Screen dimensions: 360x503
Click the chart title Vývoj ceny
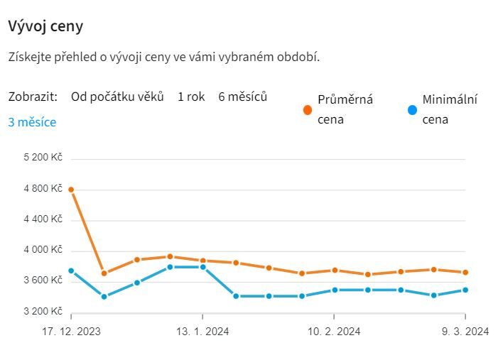(x=45, y=26)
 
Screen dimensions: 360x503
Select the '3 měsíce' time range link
(x=32, y=121)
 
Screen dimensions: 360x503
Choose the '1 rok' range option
(x=191, y=97)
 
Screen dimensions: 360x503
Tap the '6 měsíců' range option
(x=242, y=97)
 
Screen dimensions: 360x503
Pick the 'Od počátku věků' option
(x=117, y=97)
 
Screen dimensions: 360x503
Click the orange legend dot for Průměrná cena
(x=308, y=110)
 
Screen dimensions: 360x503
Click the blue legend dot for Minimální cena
(x=412, y=110)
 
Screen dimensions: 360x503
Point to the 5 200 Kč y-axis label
(x=43, y=157)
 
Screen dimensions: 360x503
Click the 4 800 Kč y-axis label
(x=43, y=188)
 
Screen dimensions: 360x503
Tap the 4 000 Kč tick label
(x=43, y=250)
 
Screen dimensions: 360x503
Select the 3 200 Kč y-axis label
(x=43, y=311)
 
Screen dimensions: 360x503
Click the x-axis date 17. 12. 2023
(x=71, y=331)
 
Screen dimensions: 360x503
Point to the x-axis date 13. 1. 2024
(x=203, y=331)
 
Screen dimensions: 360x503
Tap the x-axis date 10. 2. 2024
(x=334, y=331)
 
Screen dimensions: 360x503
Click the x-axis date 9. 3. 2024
(x=465, y=331)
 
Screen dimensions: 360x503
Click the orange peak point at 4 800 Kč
(x=71, y=190)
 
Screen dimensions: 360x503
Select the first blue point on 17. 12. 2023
(x=71, y=271)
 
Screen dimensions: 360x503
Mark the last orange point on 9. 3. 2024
(x=465, y=272)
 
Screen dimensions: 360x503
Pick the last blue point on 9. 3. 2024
(x=465, y=290)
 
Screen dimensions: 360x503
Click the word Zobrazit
(x=33, y=97)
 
